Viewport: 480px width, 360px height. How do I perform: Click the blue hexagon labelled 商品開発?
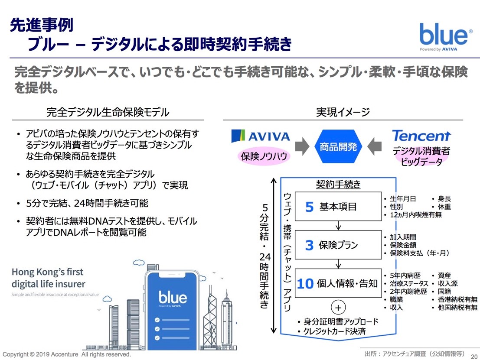tap(338, 147)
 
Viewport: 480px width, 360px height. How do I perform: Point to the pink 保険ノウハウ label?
tap(264, 156)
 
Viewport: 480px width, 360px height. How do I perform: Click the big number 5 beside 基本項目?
tap(309, 207)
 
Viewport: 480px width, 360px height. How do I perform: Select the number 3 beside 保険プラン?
tap(309, 246)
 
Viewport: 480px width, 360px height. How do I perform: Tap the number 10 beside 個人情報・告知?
tap(305, 284)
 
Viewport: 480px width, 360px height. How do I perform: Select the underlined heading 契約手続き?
tap(338, 185)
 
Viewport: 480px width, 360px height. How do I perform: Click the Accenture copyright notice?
tap(67, 354)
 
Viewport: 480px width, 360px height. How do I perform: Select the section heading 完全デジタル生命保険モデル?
tap(108, 113)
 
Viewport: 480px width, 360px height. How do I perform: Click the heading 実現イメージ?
tap(343, 112)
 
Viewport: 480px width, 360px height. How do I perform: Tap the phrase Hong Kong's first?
tap(48, 272)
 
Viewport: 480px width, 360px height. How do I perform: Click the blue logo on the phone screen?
tap(173, 298)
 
